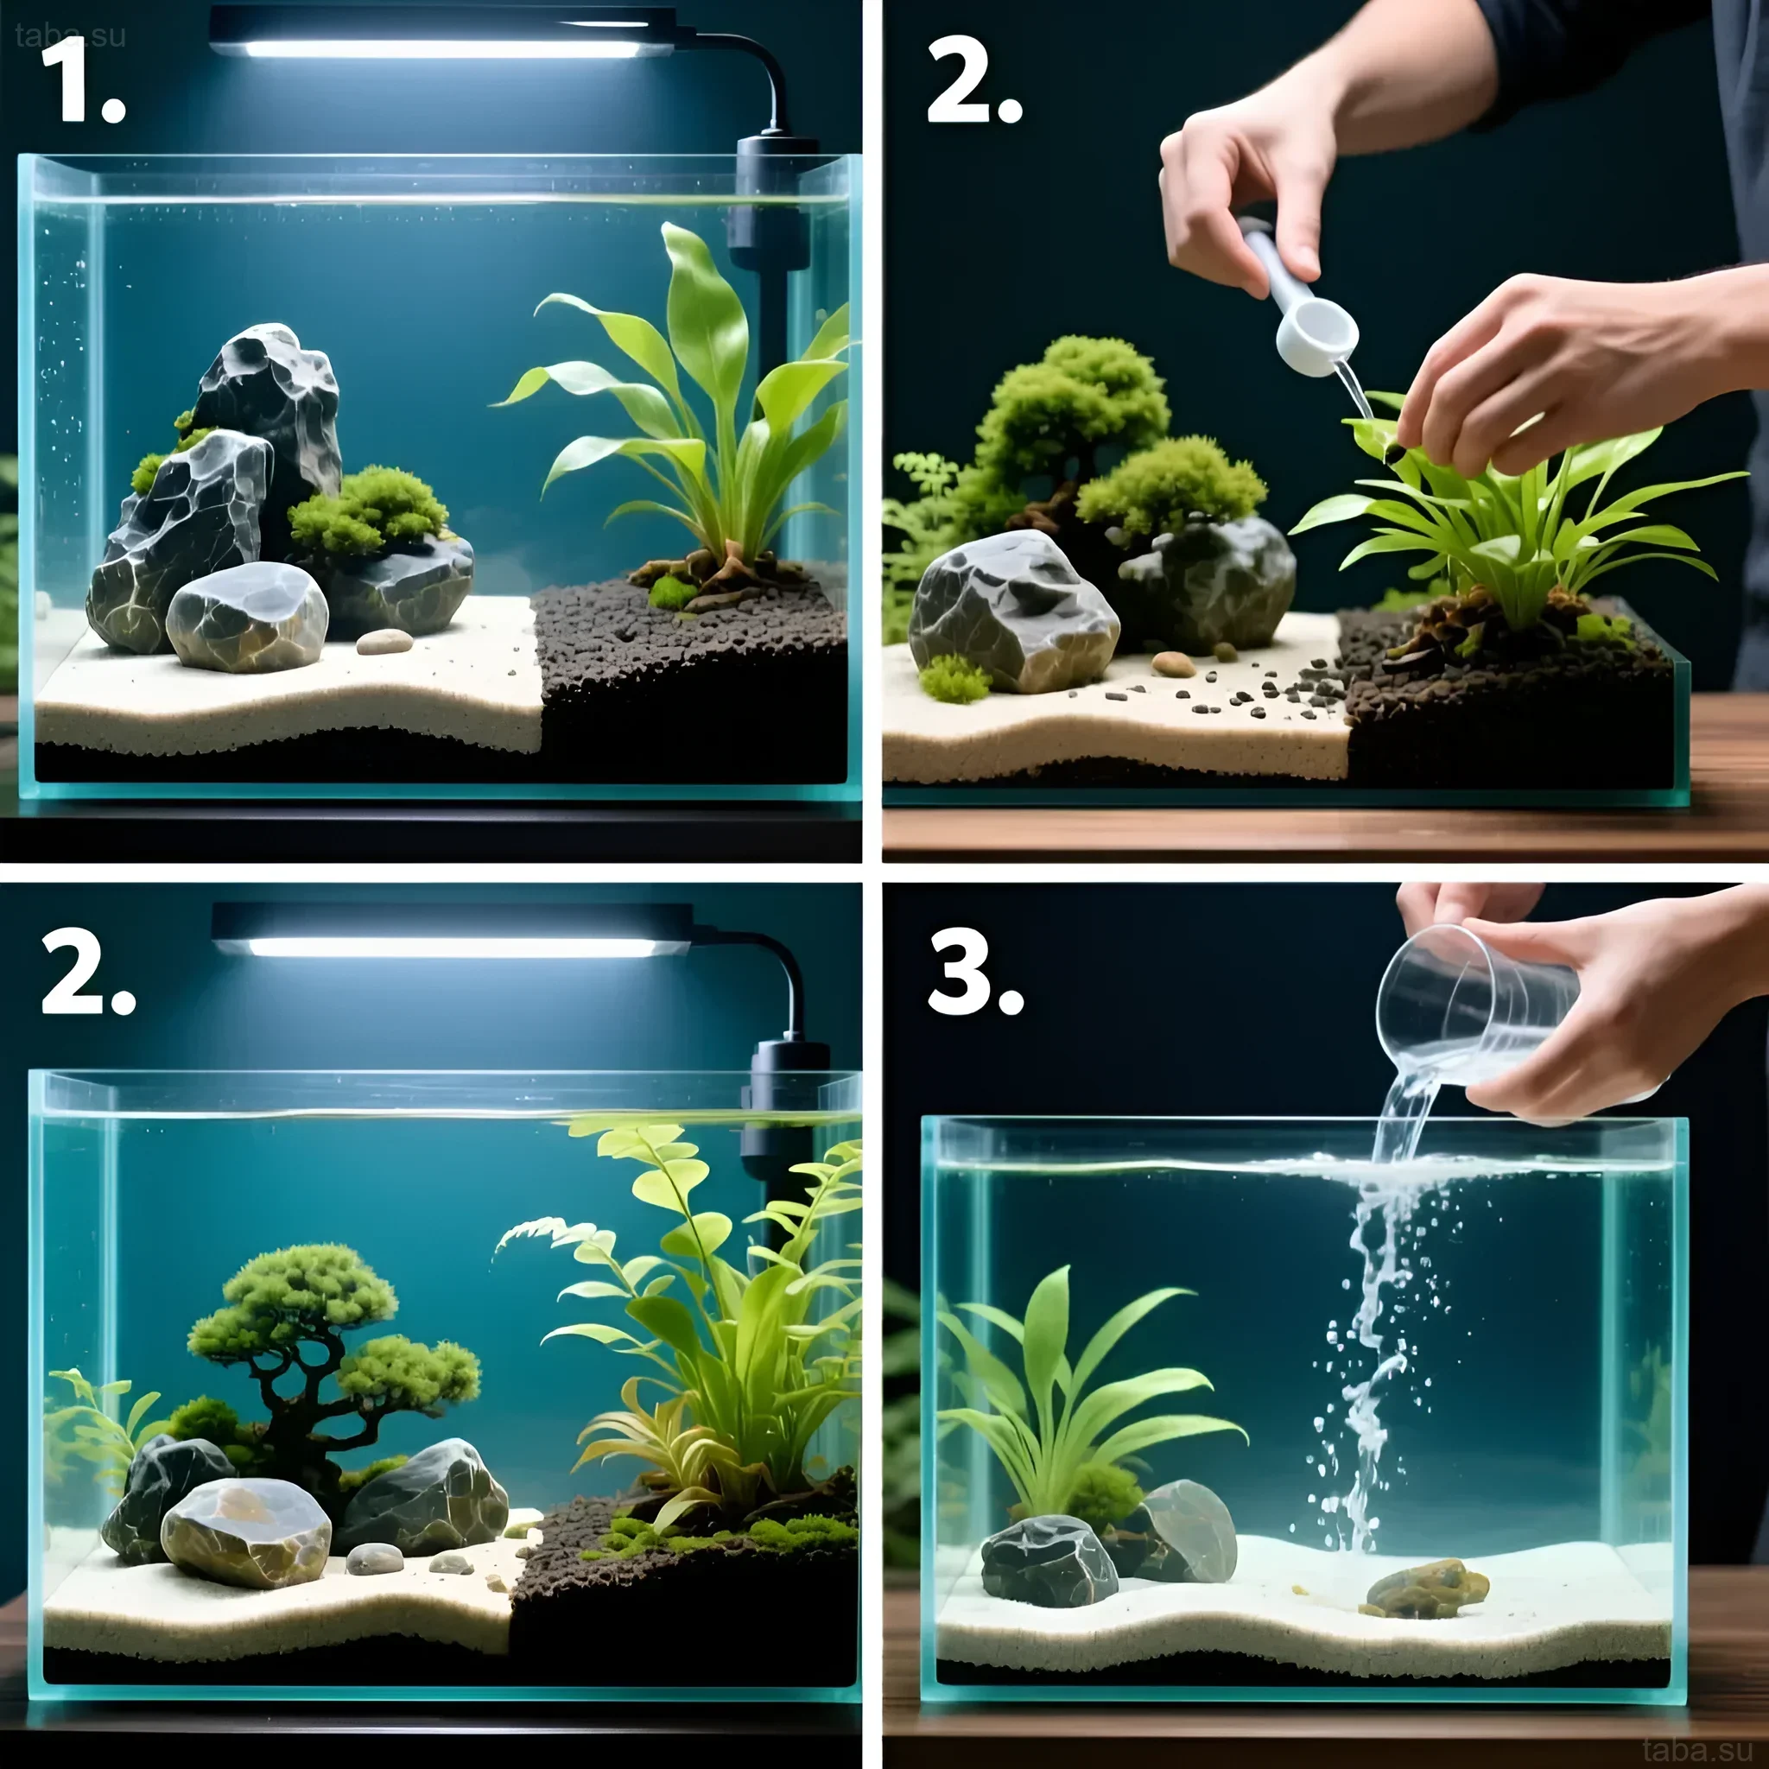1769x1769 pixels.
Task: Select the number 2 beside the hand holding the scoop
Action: pos(974,82)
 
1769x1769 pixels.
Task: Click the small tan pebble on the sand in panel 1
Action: pos(384,642)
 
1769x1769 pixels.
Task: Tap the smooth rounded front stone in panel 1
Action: pos(247,616)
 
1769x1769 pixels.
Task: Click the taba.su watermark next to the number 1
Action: pos(70,35)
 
